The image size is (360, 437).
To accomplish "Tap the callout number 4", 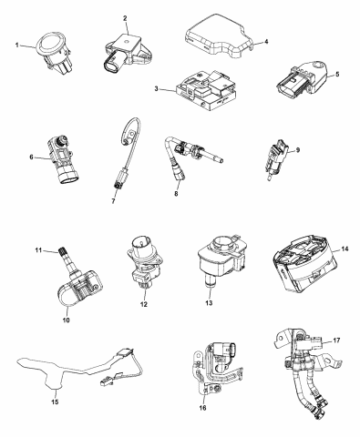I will (x=265, y=41).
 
